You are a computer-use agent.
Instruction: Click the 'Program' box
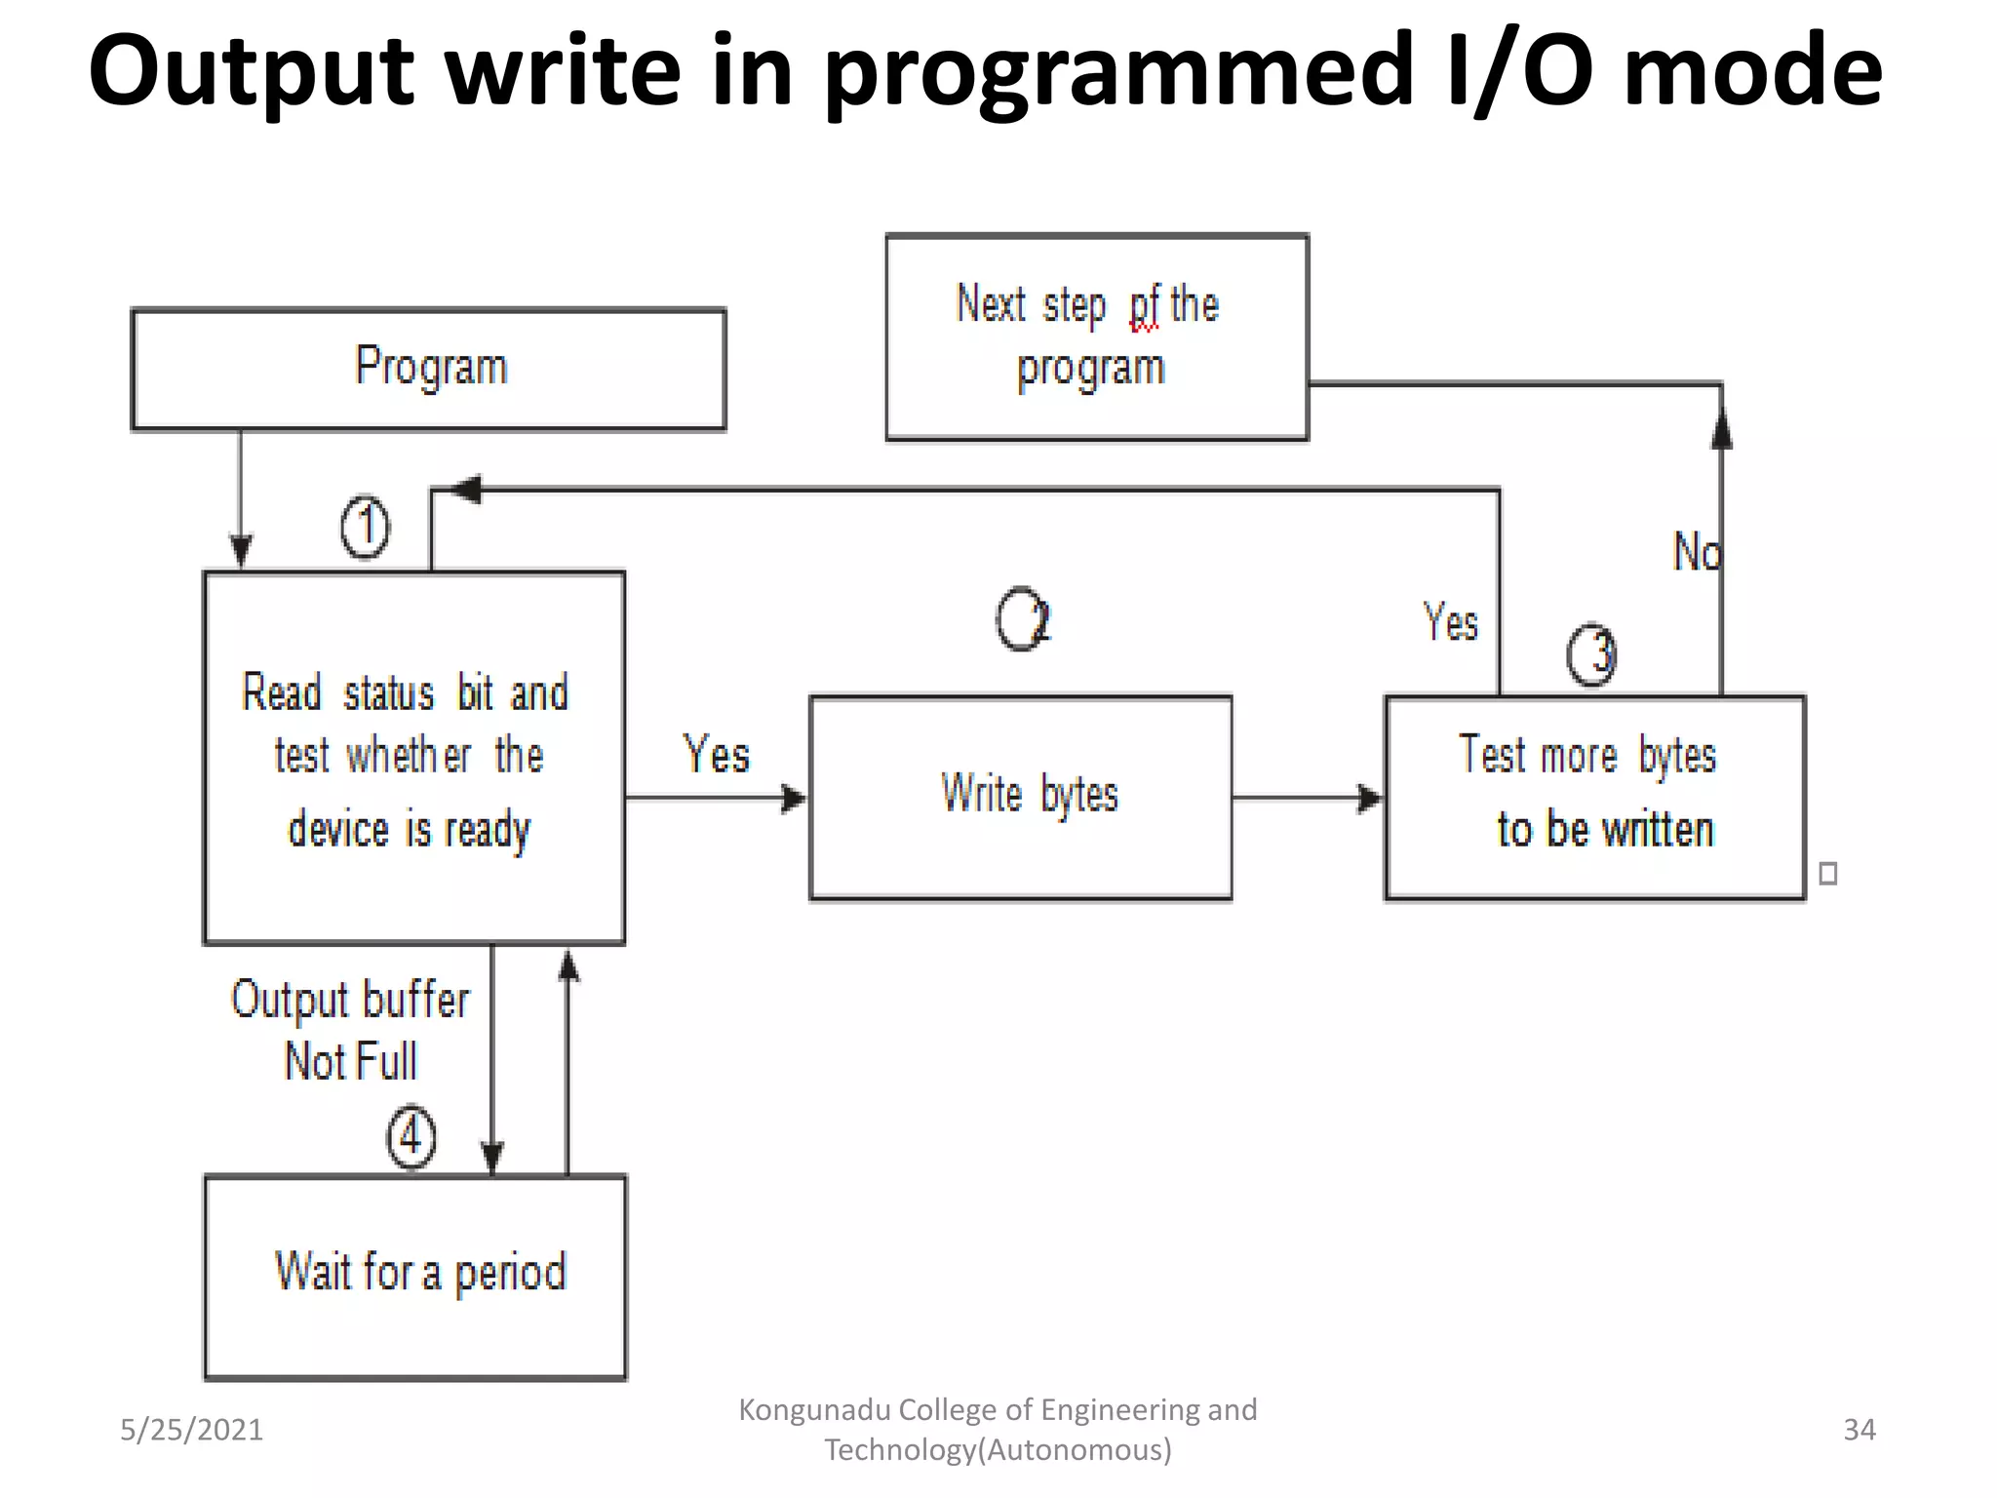click(429, 369)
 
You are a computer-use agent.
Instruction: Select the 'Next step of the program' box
click(1096, 337)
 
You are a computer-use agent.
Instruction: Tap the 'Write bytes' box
click(1021, 797)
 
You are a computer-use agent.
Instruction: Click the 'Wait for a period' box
click(415, 1276)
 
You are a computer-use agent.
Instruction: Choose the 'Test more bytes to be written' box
click(1594, 797)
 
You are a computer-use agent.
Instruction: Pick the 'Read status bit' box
click(413, 758)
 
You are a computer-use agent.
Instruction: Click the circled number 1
click(366, 528)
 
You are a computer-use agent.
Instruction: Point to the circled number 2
click(1023, 618)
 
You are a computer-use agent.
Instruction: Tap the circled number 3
click(1591, 653)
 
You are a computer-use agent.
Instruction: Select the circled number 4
click(411, 1136)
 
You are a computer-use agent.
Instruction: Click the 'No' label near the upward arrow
click(1697, 552)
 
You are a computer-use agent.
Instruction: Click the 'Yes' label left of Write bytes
click(717, 755)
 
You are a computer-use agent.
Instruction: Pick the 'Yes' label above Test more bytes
click(1450, 622)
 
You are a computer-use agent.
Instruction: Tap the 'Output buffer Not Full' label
click(351, 1030)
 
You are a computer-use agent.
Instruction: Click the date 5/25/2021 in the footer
click(191, 1430)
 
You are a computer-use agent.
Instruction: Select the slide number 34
click(1859, 1430)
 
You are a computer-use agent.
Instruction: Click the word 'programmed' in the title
click(1118, 72)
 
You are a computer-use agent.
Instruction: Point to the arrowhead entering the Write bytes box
click(796, 799)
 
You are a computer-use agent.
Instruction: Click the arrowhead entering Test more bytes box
click(1371, 799)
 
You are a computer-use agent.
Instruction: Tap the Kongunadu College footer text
click(998, 1430)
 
